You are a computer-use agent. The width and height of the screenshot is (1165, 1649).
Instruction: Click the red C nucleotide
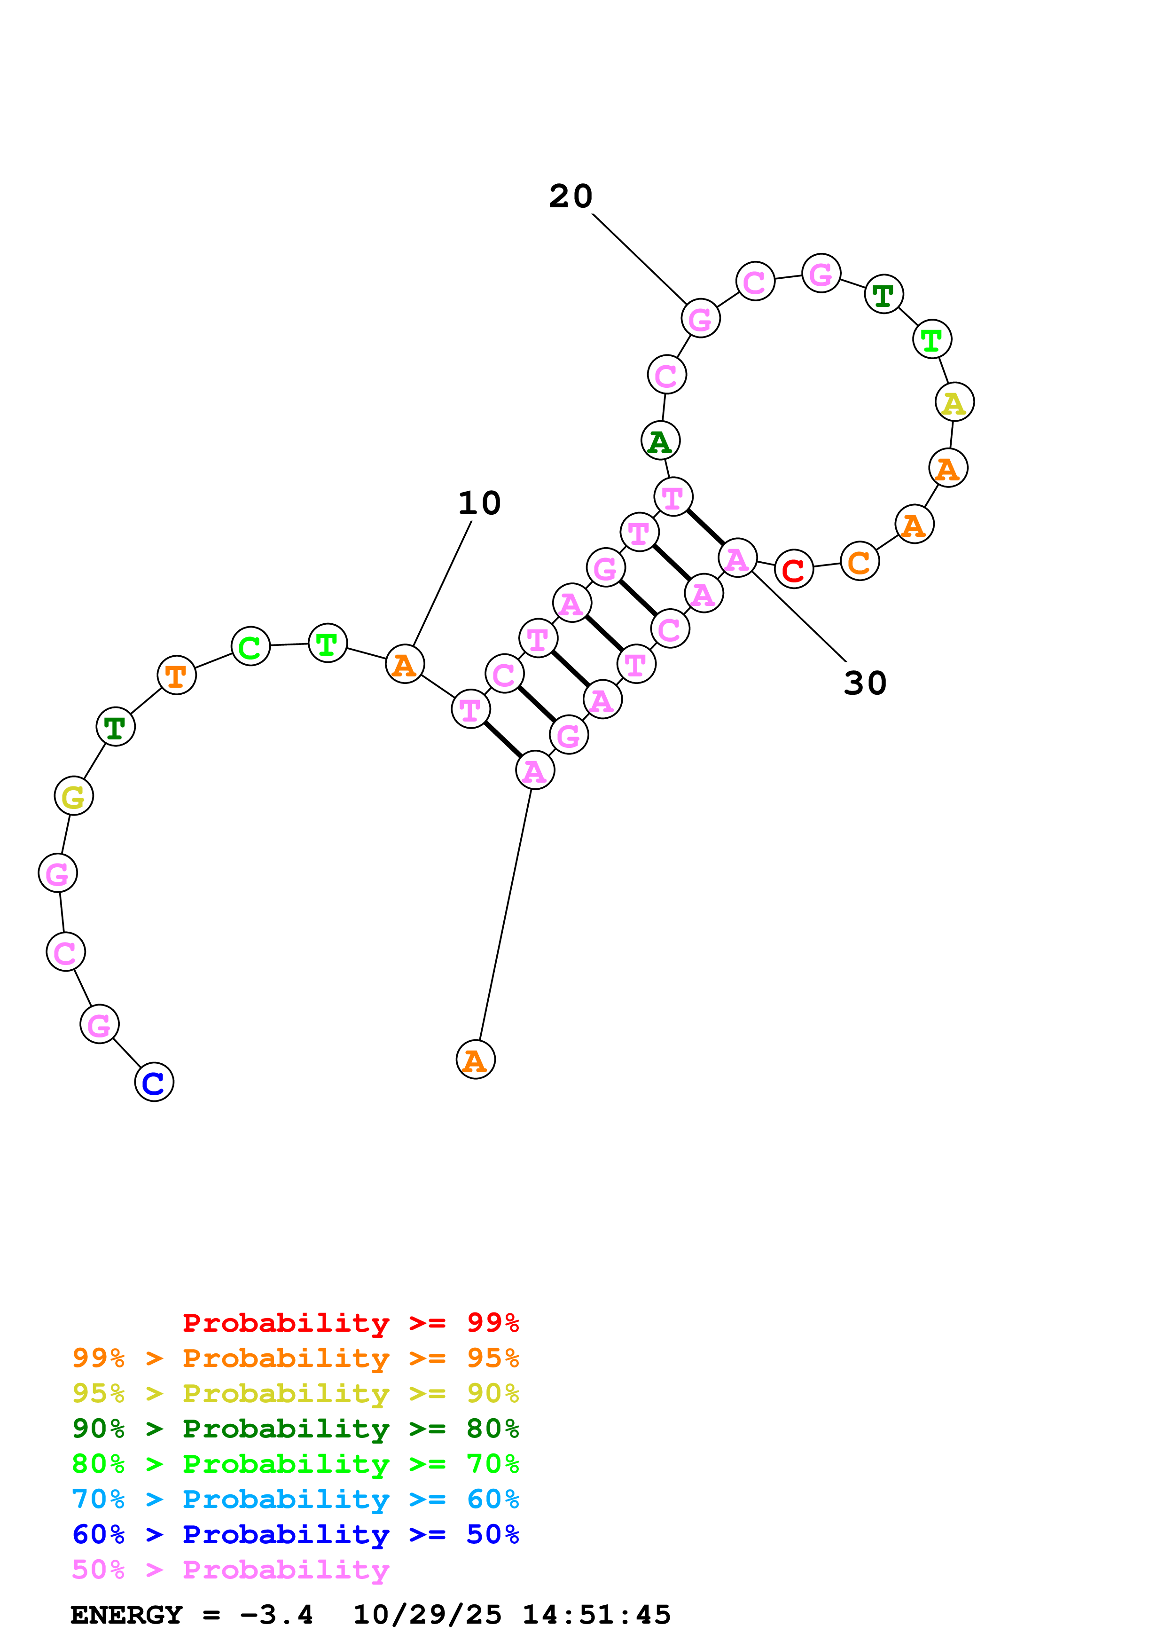793,570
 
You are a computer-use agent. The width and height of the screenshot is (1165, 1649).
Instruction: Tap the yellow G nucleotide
73,796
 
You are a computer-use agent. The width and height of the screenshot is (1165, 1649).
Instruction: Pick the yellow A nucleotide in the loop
954,402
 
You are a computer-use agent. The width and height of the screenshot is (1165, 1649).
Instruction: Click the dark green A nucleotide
660,441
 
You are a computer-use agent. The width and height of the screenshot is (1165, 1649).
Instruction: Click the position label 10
479,503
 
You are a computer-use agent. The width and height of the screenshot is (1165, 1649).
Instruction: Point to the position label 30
865,683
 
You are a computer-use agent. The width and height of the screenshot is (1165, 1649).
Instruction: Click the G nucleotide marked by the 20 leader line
700,319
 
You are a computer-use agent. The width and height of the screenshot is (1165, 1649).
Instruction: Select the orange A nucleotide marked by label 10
405,664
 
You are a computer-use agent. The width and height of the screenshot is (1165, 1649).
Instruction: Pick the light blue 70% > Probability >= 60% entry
295,1500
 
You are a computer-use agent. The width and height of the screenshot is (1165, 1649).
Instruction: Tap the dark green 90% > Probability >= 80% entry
295,1429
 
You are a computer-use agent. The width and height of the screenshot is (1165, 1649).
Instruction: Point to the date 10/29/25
427,1615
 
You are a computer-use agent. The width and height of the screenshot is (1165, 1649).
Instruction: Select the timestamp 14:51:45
596,1615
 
